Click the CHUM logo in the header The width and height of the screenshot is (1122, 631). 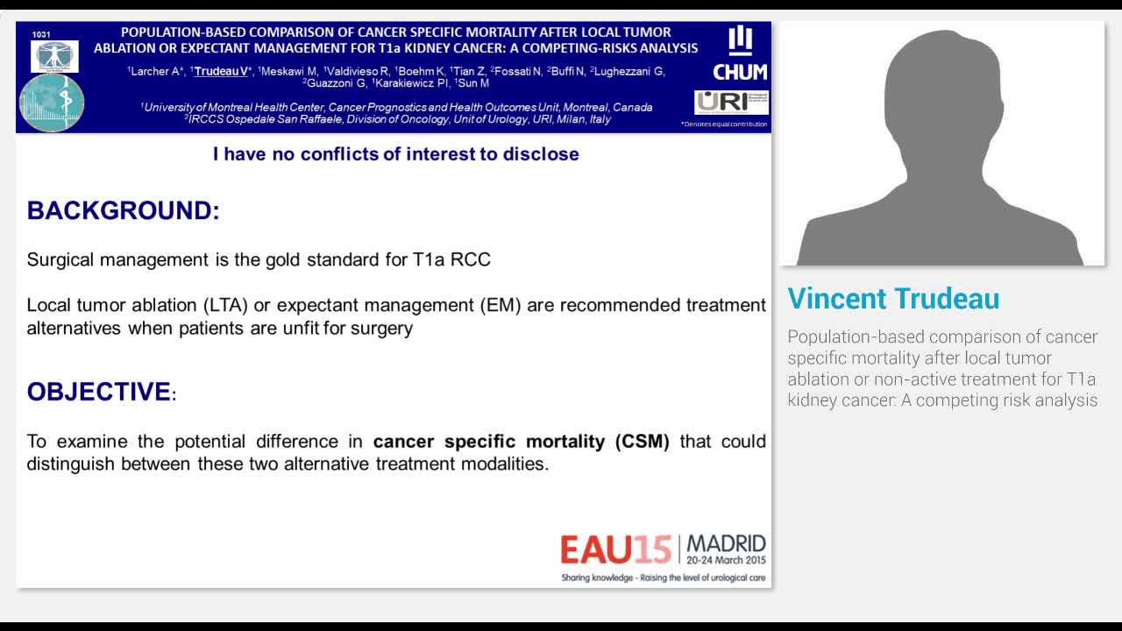tap(740, 54)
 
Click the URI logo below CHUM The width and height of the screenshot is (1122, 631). tap(731, 102)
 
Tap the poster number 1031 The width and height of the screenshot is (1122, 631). tap(41, 34)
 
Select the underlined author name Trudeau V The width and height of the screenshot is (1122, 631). tap(221, 71)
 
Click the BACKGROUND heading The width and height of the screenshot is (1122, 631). tap(123, 210)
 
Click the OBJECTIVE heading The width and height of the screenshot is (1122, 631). tap(99, 392)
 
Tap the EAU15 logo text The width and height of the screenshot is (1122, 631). tap(615, 549)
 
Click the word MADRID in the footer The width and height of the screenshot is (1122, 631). tap(726, 543)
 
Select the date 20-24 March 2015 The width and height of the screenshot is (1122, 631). tap(726, 560)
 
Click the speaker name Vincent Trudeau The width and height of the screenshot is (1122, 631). tap(893, 299)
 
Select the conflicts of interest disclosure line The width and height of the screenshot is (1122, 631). tap(395, 154)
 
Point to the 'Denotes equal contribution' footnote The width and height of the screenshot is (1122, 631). tap(724, 124)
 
